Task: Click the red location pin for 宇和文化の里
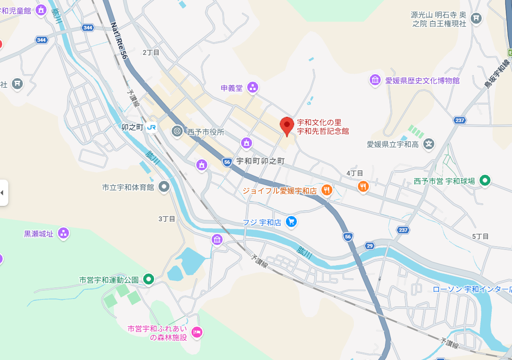287,126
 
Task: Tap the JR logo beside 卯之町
152,127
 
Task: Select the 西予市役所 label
206,132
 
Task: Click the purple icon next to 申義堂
252,88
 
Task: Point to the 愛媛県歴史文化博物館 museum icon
375,80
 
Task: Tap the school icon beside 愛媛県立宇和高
429,144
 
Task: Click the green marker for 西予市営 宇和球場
485,180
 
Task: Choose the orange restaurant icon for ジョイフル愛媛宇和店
326,190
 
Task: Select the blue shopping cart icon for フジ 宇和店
291,222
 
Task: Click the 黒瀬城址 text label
39,234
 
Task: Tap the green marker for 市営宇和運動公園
149,279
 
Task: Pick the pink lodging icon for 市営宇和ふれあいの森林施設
197,332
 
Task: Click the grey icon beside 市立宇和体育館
164,187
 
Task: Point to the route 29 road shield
370,245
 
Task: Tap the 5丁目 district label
480,236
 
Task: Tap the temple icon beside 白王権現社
476,18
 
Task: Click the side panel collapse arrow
2,192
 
